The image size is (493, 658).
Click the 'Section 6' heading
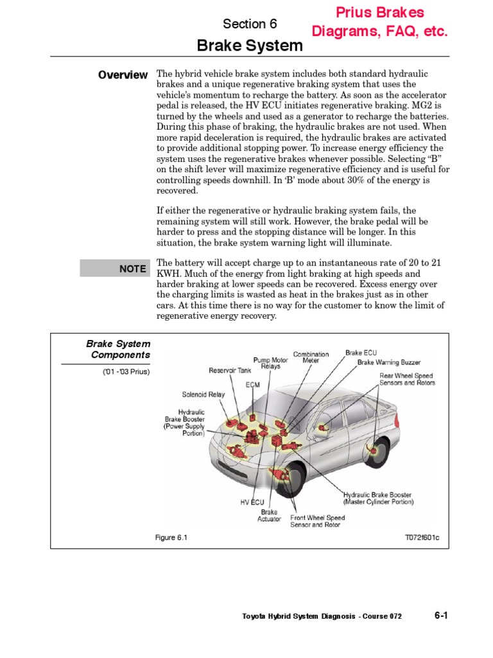click(x=250, y=24)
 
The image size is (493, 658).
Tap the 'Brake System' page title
click(x=249, y=46)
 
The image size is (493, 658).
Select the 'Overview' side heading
click(x=123, y=75)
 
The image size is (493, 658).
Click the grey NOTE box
click(x=114, y=269)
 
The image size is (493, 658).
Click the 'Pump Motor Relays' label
click(x=270, y=364)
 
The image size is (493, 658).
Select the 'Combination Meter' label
click(x=311, y=357)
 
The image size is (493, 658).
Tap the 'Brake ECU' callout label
click(x=362, y=353)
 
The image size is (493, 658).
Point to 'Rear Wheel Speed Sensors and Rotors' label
click(x=407, y=379)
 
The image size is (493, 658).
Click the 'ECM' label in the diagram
click(x=252, y=385)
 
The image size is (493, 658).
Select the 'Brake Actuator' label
click(x=269, y=515)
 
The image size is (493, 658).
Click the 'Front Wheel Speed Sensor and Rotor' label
click(x=317, y=521)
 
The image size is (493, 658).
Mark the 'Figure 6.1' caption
click(x=171, y=537)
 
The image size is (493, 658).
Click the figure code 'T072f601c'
click(x=422, y=537)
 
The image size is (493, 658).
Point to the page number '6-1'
click(x=440, y=615)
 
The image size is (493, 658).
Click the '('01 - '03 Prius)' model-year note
click(x=126, y=372)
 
